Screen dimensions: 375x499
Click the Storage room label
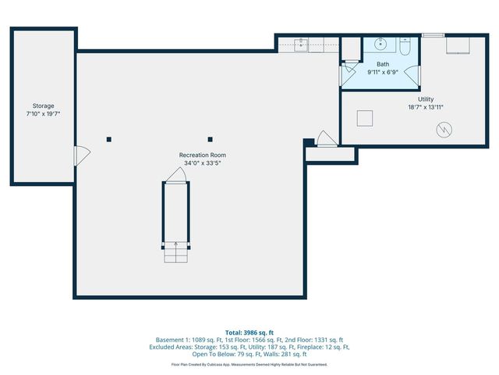pyautogui.click(x=43, y=105)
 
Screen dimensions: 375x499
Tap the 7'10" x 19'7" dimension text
pyautogui.click(x=43, y=113)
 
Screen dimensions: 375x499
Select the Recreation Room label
pyautogui.click(x=202, y=155)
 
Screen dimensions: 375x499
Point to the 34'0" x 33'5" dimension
pyautogui.click(x=202, y=163)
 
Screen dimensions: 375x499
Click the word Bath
pyautogui.click(x=383, y=64)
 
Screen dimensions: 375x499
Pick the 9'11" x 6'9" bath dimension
pyautogui.click(x=383, y=72)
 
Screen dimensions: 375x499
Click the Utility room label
pyautogui.click(x=426, y=99)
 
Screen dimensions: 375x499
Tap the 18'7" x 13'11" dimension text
pyautogui.click(x=426, y=107)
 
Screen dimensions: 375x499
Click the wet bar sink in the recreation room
pyautogui.click(x=301, y=44)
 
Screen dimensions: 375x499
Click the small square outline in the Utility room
pyautogui.click(x=364, y=118)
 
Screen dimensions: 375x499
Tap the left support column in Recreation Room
pyautogui.click(x=109, y=139)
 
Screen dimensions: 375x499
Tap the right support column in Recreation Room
pyautogui.click(x=210, y=139)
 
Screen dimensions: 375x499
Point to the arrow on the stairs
pyautogui.click(x=175, y=247)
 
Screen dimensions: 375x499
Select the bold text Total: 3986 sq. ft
pyautogui.click(x=249, y=333)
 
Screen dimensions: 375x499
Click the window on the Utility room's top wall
pyautogui.click(x=433, y=35)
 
